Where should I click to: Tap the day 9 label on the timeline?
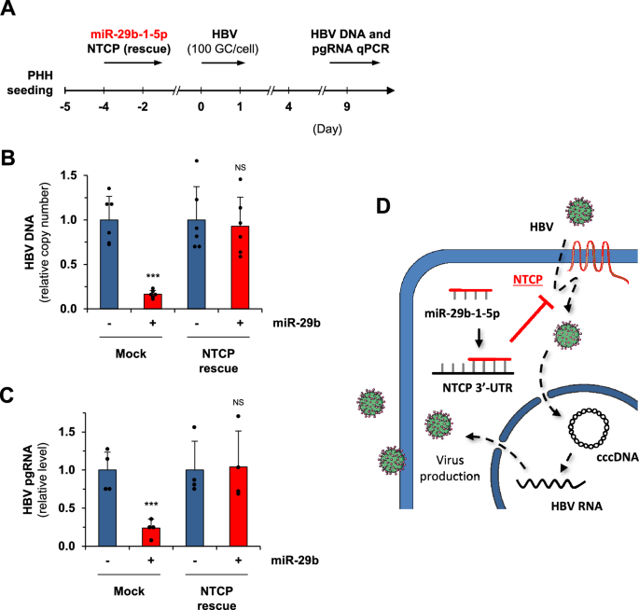click(x=346, y=108)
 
